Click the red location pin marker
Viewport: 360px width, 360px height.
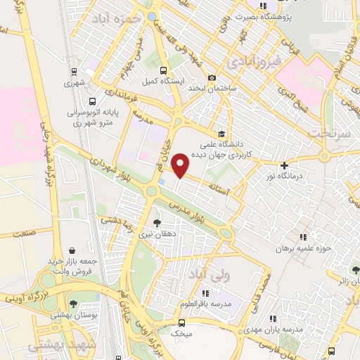181,165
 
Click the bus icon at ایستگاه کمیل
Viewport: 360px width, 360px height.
163,70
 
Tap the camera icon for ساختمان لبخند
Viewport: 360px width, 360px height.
212,78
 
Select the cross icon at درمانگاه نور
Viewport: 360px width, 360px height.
284,166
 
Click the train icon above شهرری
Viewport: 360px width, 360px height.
74,71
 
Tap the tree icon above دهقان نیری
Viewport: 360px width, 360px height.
156,223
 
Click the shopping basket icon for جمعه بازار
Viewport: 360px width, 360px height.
73,249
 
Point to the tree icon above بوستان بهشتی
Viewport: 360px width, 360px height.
74,304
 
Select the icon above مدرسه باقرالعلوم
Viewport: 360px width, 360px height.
205,292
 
